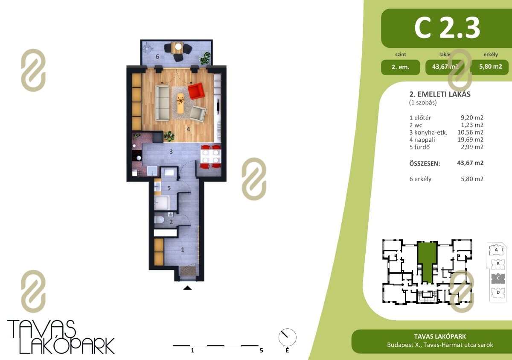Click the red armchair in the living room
(x=196, y=91)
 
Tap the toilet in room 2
(x=159, y=220)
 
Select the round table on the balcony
(x=178, y=47)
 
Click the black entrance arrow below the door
(x=187, y=288)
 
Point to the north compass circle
(x=287, y=337)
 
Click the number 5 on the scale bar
(x=261, y=351)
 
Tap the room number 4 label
(x=188, y=129)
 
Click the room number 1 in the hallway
(x=183, y=250)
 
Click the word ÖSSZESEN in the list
(x=425, y=164)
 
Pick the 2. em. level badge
(x=401, y=67)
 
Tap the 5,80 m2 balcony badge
(x=491, y=67)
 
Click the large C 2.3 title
(x=447, y=28)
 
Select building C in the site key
(x=498, y=278)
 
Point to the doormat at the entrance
(x=188, y=271)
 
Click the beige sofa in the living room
(x=163, y=103)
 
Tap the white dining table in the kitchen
(x=211, y=156)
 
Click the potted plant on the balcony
(x=205, y=58)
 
